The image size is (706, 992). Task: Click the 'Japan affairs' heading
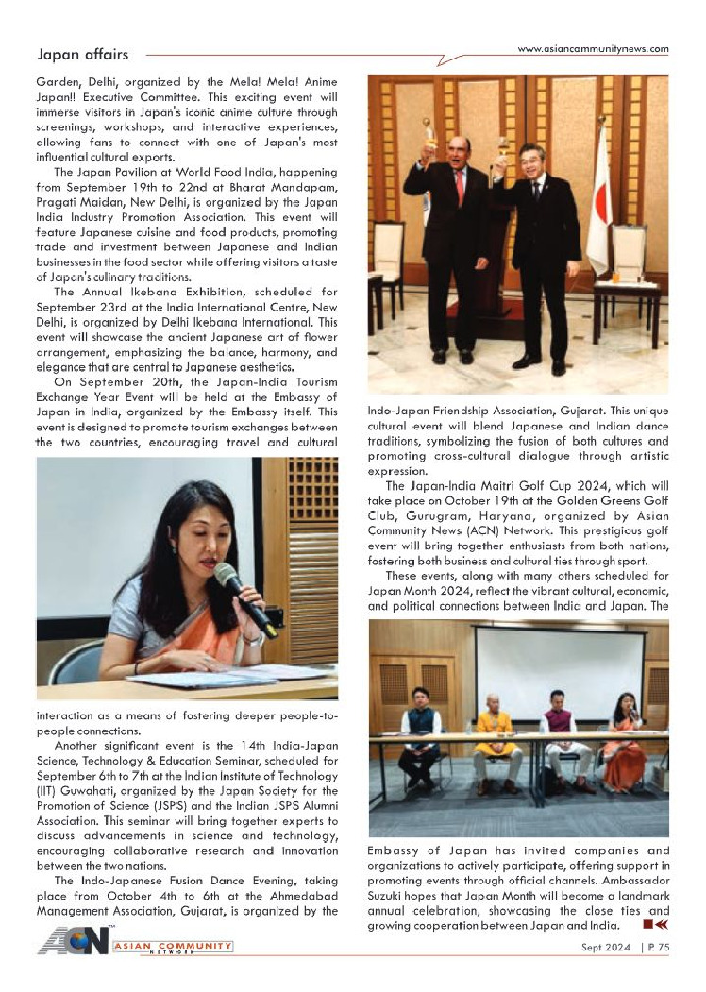82,55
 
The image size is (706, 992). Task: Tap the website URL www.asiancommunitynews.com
593,49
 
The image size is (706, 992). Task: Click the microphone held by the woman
244,598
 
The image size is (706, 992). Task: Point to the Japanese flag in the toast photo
600,218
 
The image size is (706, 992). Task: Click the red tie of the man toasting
460,187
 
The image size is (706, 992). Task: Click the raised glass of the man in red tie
429,128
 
